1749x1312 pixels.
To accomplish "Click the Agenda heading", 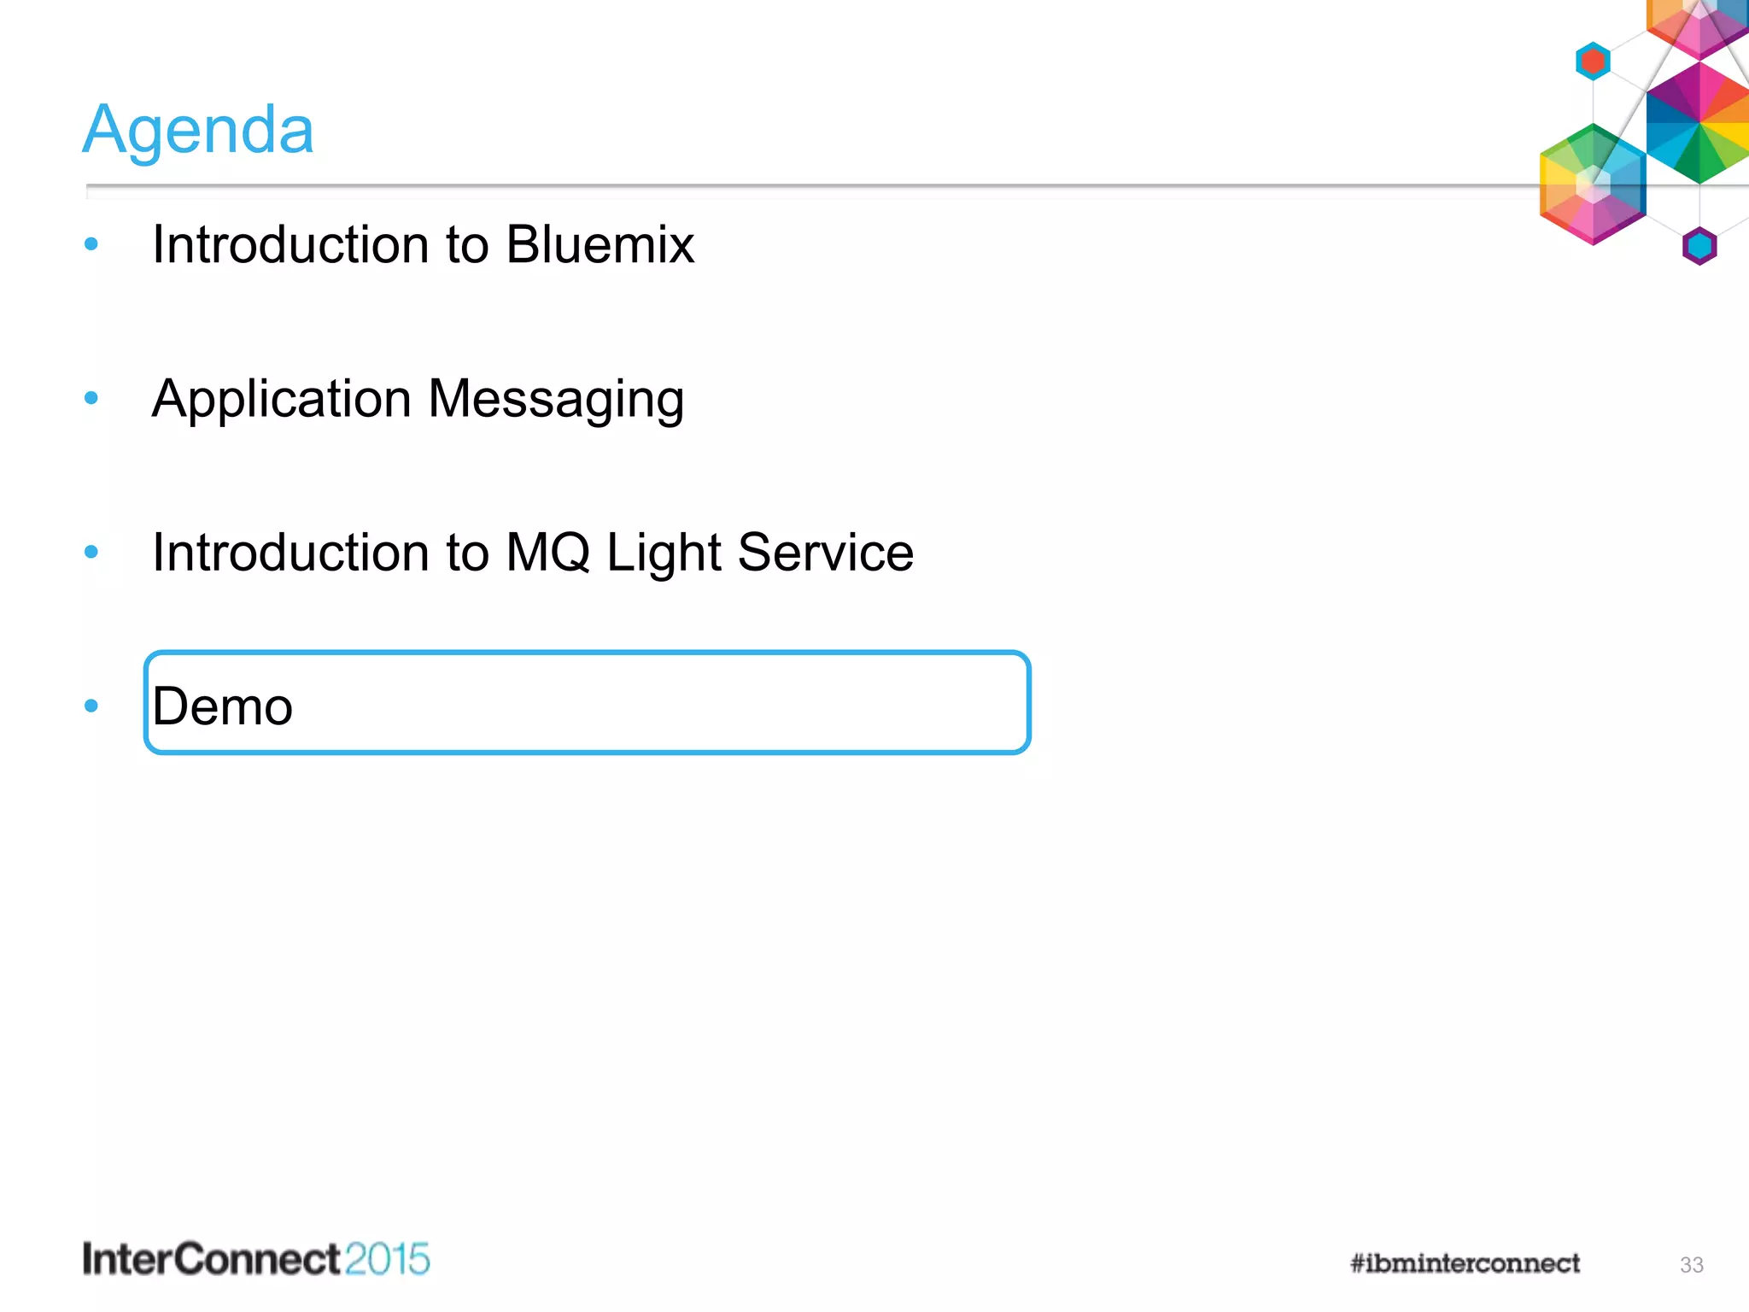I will (198, 130).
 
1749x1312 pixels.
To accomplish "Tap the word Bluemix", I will (600, 245).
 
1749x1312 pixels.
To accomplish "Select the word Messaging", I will (556, 400).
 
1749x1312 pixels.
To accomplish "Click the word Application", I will (282, 400).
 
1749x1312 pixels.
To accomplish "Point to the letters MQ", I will (547, 553).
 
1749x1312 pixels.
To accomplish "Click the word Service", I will (825, 553).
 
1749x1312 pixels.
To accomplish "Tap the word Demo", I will (222, 706).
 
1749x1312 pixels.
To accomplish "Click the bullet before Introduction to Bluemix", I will (91, 245).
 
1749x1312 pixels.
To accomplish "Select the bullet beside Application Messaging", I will (91, 398).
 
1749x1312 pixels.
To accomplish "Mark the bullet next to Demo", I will (91, 706).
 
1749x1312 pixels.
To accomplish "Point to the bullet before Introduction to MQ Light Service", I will (91, 552).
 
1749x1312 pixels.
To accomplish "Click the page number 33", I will (1691, 1265).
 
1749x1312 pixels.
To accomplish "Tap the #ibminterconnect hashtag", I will (1465, 1263).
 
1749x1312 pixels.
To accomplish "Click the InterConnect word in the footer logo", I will (211, 1260).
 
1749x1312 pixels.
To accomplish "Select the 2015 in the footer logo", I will (388, 1260).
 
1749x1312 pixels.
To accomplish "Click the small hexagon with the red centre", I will (1593, 61).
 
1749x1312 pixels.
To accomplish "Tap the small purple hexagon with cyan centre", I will (1699, 247).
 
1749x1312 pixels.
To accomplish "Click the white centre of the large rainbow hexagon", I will (1593, 184).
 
